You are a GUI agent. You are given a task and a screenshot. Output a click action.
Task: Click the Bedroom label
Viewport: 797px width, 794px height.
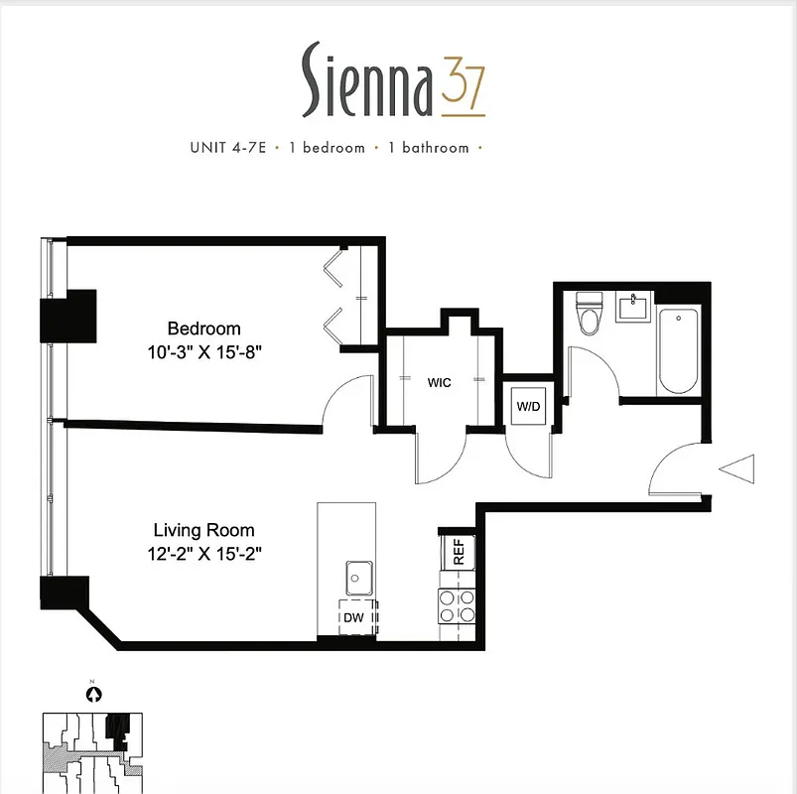(203, 329)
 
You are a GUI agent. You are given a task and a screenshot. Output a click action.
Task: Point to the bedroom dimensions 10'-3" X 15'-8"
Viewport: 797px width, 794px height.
(203, 350)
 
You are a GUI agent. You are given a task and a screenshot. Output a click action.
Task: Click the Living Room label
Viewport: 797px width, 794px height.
(203, 531)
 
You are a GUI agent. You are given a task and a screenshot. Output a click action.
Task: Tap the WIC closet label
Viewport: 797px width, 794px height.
(440, 382)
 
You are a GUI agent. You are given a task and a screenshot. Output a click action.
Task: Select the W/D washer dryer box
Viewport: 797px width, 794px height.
(526, 405)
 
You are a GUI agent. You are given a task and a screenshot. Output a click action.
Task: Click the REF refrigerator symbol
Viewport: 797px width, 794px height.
(459, 552)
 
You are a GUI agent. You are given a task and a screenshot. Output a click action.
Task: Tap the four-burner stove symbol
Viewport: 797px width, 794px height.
(458, 605)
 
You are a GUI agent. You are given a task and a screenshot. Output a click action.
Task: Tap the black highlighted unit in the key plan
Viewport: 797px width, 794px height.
(118, 730)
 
